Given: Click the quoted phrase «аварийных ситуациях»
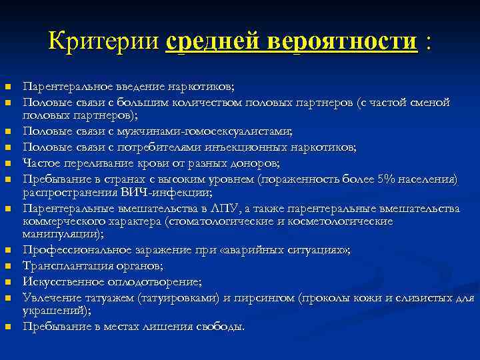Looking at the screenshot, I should tap(301, 250).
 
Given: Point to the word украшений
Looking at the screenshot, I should tap(55, 311).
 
